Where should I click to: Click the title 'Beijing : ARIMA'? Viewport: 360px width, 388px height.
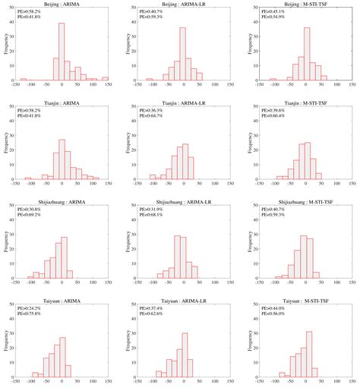(x=62, y=5)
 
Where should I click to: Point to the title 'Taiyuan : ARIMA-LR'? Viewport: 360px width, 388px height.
(x=181, y=299)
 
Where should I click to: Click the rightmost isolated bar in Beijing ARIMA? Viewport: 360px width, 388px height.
(x=106, y=78)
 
